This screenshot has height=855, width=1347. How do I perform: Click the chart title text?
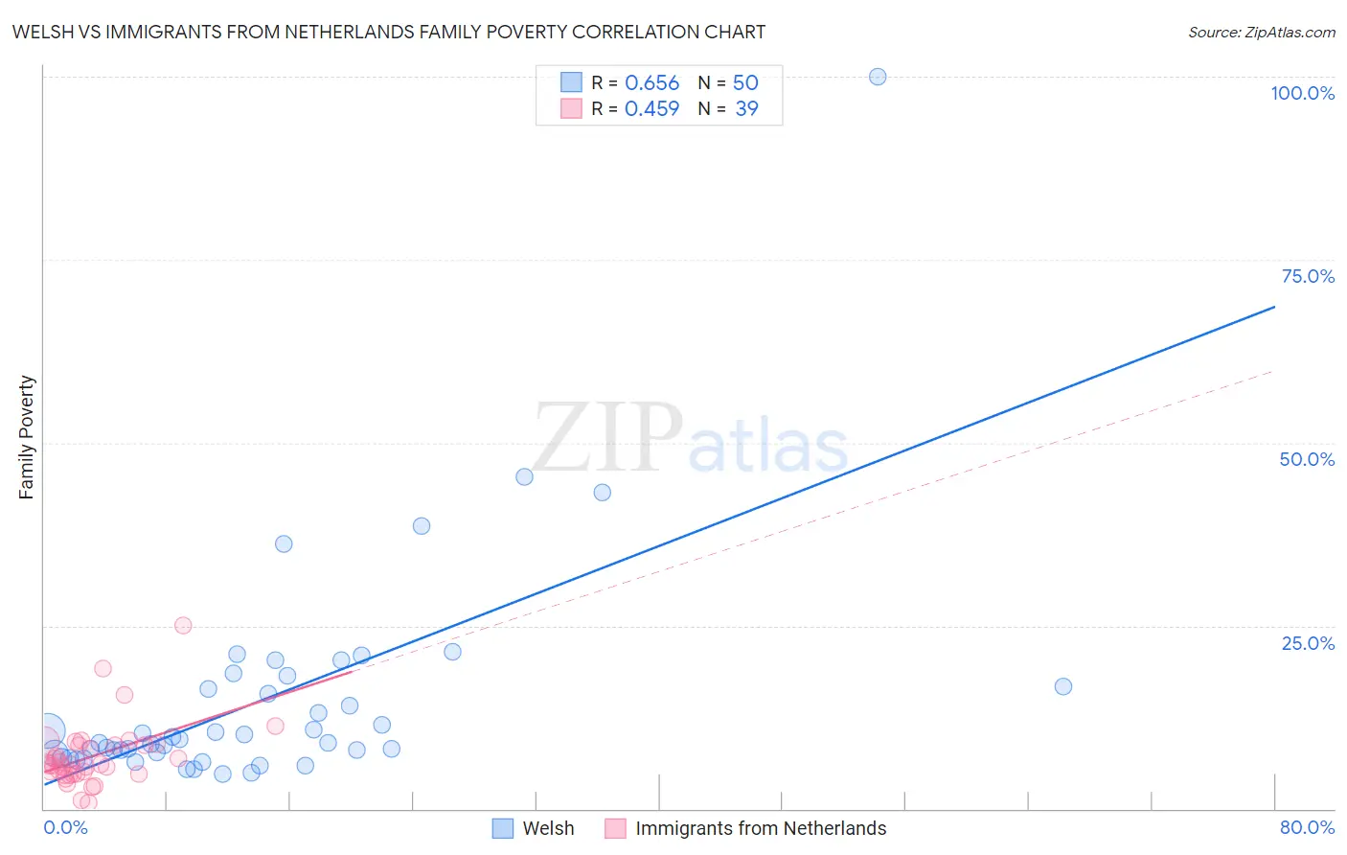tap(389, 32)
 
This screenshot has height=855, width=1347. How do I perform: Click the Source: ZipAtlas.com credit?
tap(1261, 32)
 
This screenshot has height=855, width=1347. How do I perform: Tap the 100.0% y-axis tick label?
tap(1302, 93)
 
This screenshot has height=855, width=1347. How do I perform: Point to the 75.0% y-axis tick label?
tap(1308, 276)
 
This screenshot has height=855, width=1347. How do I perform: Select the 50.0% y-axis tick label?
tap(1307, 459)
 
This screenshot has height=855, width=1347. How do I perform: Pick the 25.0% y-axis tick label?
tap(1308, 643)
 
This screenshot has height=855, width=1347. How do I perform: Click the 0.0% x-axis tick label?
tap(65, 827)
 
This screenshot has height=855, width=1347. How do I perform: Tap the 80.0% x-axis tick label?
tap(1307, 827)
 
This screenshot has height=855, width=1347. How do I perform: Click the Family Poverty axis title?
tap(26, 437)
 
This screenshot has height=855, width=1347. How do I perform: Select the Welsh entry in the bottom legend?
tap(548, 828)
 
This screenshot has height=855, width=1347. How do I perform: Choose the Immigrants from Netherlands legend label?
tap(761, 828)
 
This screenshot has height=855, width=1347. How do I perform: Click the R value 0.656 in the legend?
tap(651, 83)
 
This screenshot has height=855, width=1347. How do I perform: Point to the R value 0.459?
tap(651, 109)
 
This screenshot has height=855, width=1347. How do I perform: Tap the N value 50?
tap(745, 83)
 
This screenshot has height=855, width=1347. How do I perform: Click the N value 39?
tap(746, 109)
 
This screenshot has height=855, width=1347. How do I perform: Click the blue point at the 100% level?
tap(878, 77)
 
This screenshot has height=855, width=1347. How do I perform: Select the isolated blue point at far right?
tap(1062, 686)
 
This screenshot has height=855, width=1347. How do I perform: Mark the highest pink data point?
tap(183, 625)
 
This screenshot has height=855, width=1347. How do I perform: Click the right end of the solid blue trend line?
tap(1274, 307)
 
